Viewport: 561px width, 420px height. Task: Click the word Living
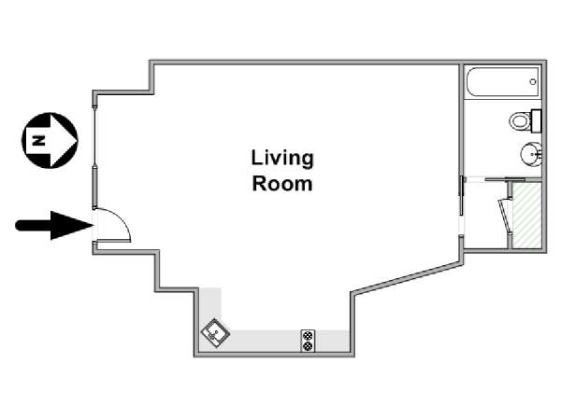tap(282, 159)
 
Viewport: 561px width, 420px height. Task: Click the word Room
tap(282, 184)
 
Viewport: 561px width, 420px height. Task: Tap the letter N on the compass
tap(38, 140)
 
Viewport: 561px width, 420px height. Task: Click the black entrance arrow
tap(54, 225)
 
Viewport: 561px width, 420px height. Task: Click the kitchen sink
tap(215, 333)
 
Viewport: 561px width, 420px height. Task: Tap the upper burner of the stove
tap(308, 336)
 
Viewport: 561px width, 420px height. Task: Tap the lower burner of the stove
tap(308, 345)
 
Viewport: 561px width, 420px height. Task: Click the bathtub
tap(501, 82)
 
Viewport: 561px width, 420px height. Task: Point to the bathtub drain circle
tap(533, 82)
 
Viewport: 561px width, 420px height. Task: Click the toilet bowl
tap(520, 121)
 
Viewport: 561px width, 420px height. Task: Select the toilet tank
tap(536, 121)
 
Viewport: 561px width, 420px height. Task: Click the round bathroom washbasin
tap(531, 154)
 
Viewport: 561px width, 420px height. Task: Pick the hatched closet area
tap(525, 215)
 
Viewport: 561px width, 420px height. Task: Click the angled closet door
tap(505, 216)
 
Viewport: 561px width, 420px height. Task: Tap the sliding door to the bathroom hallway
tap(461, 196)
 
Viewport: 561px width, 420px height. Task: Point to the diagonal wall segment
tap(407, 278)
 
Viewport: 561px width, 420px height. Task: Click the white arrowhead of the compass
tap(65, 140)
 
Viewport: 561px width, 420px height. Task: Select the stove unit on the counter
tap(308, 341)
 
